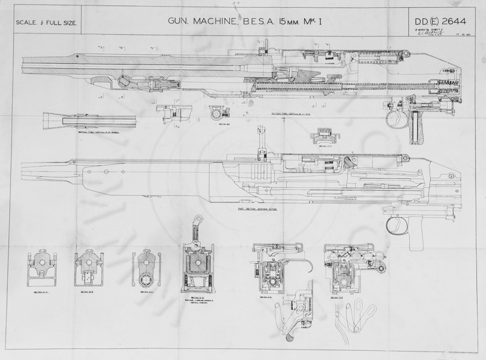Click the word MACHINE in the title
(215, 22)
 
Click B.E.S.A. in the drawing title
(259, 22)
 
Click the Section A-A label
(42, 292)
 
